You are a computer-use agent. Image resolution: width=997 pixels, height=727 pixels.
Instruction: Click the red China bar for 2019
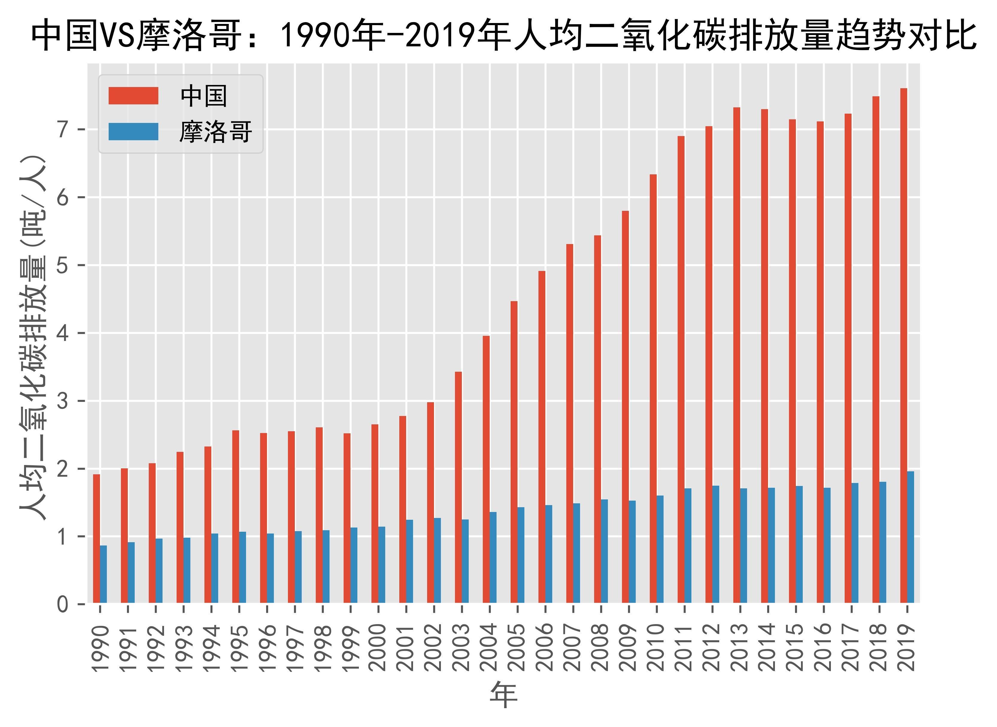(x=903, y=345)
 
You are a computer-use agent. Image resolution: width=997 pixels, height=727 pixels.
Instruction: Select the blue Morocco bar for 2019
(x=910, y=537)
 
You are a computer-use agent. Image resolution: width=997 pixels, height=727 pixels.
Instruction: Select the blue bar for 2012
(x=716, y=544)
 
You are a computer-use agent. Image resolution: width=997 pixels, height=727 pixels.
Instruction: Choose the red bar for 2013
(x=736, y=355)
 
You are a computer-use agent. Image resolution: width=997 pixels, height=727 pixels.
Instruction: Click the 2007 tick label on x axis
(x=573, y=647)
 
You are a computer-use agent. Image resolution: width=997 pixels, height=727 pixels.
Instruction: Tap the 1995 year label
(x=239, y=647)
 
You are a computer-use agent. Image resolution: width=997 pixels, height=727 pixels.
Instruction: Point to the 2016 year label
(x=823, y=647)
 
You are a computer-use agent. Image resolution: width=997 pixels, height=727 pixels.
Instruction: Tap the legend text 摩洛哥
(x=216, y=132)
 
